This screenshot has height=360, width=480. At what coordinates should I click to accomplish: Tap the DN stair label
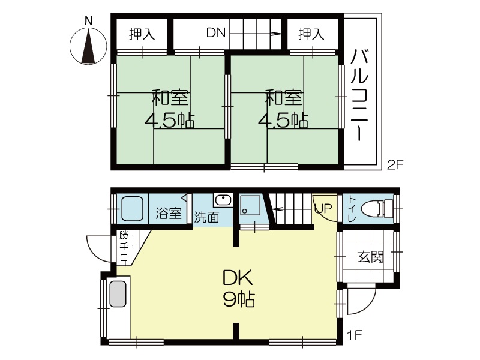coord(216,32)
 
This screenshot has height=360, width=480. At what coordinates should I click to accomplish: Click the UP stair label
coord(323,209)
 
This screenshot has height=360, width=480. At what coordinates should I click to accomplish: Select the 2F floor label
coord(395,165)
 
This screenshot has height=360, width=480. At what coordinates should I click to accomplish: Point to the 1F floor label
coord(355,335)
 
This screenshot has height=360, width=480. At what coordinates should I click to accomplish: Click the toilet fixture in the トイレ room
coord(377,209)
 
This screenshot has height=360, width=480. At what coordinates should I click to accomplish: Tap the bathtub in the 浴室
coord(132,208)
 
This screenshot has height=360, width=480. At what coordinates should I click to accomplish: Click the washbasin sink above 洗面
coord(223,200)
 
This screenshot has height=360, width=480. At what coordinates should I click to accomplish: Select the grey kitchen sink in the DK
coord(118,294)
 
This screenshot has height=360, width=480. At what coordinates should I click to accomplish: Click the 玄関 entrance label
coord(371,257)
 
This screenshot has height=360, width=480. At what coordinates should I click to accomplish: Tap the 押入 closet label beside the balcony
coord(311,34)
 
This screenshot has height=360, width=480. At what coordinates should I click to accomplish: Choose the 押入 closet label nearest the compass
coord(142,34)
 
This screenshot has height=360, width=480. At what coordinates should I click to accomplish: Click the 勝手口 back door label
coord(124,247)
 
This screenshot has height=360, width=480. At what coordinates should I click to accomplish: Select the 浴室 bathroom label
coord(169,213)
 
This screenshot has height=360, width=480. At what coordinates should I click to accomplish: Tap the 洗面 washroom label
coord(206,217)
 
